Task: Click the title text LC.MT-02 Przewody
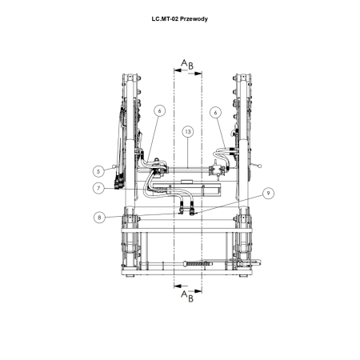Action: coord(179,18)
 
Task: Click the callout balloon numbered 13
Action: coord(187,130)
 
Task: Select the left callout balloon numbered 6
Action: coord(160,112)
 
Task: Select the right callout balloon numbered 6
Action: coord(215,113)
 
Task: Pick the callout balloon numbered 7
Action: coord(98,188)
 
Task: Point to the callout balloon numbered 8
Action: coord(98,217)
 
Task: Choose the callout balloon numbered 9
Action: coord(269,193)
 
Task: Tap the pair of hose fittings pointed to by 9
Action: coord(188,211)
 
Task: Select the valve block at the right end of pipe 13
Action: coord(217,169)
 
